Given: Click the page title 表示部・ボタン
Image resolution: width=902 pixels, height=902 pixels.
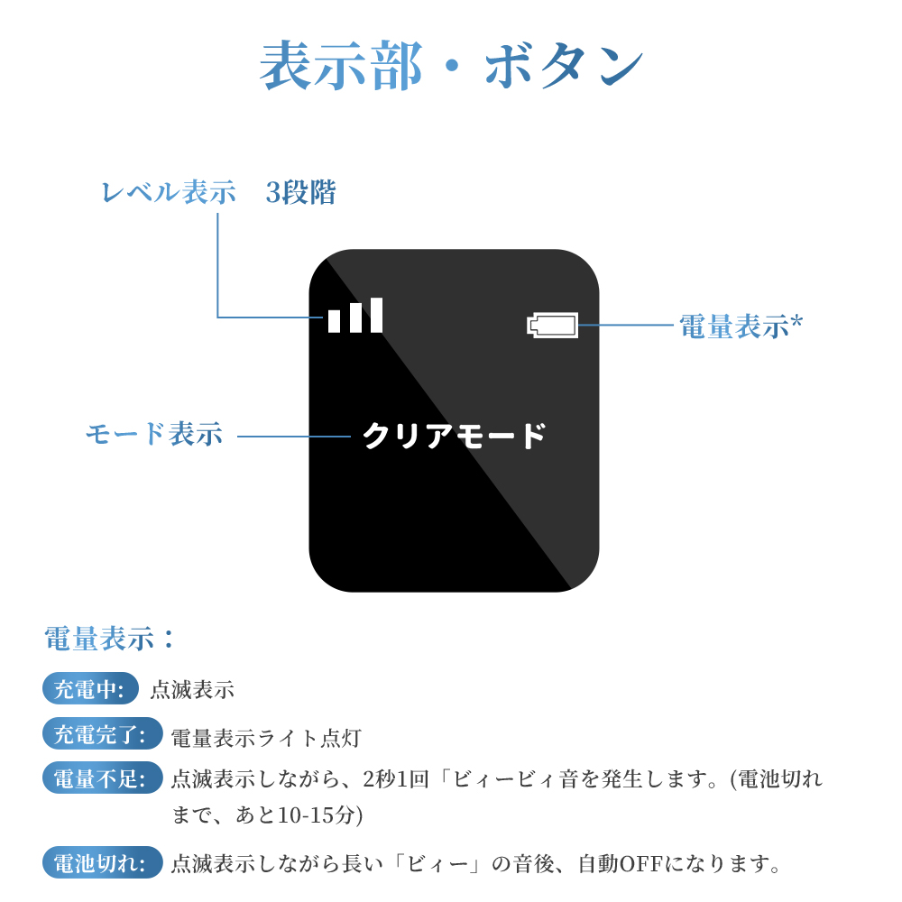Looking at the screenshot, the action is click(452, 66).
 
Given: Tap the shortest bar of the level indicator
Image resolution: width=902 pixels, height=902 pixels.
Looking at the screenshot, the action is click(335, 321).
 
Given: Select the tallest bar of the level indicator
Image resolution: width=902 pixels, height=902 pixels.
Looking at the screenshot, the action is click(376, 315).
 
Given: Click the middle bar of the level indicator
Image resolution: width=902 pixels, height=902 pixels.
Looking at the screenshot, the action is click(355, 318).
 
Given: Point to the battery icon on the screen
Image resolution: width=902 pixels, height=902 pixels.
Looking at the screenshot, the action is click(552, 325).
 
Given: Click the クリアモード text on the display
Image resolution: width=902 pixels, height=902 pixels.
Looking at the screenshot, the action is click(455, 436).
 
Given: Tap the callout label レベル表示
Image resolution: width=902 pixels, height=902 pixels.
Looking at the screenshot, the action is click(169, 192).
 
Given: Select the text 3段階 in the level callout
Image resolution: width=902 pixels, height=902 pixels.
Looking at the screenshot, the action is click(300, 192).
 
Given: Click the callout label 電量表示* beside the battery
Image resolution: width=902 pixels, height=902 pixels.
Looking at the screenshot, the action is click(741, 326).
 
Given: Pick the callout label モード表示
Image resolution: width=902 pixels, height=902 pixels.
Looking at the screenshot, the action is click(154, 434).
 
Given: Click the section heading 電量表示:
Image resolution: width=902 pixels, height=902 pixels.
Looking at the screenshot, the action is click(109, 639).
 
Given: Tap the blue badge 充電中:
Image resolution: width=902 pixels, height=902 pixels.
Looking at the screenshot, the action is click(90, 688).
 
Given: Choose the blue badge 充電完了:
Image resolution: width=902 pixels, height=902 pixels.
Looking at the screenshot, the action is click(103, 733).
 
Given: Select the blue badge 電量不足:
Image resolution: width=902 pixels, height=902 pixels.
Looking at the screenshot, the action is click(103, 778).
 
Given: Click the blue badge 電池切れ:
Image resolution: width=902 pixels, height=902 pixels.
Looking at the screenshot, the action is click(103, 862).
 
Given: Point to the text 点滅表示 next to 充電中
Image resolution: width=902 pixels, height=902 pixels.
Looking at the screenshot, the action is click(192, 689).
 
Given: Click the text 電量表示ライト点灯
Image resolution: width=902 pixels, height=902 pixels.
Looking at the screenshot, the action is click(266, 738).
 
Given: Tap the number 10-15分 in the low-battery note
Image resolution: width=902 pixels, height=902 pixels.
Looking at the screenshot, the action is click(320, 815).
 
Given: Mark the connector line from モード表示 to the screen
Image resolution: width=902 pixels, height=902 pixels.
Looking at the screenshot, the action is click(294, 436).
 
